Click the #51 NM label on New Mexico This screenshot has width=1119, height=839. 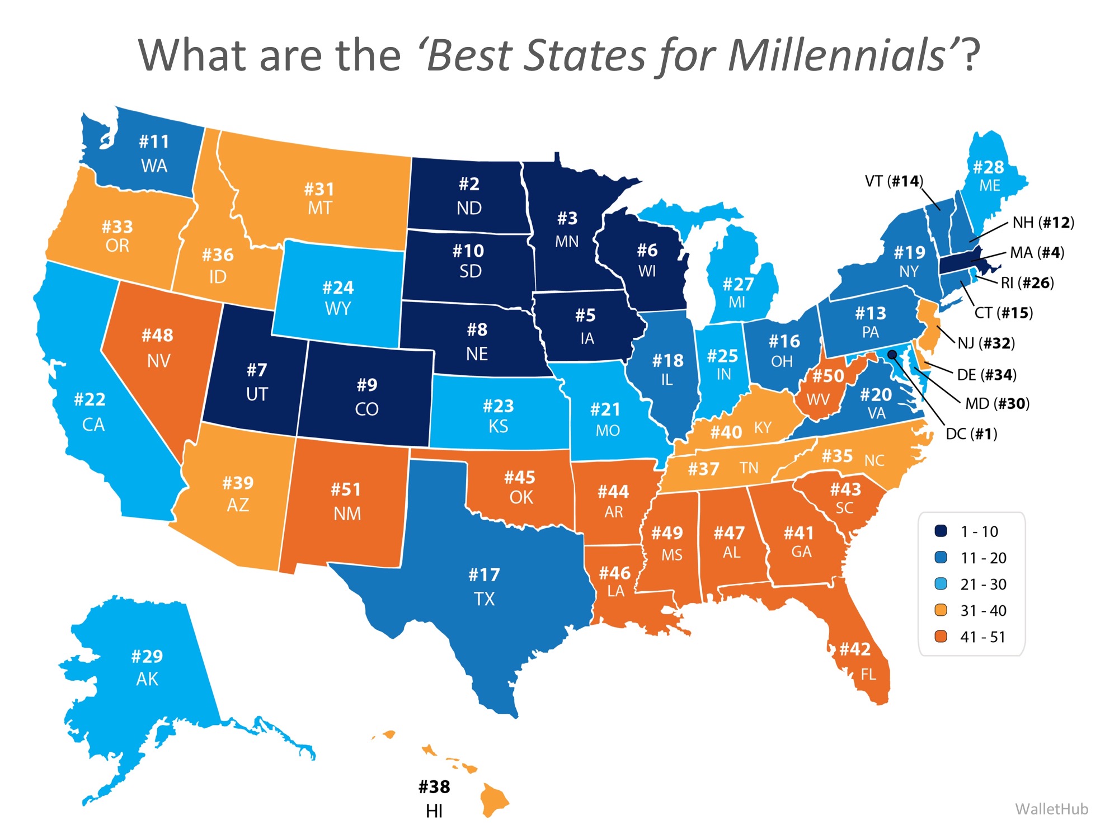(346, 501)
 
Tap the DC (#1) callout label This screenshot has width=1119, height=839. (971, 433)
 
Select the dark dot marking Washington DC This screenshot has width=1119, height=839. (892, 355)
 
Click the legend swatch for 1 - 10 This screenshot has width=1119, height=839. (941, 531)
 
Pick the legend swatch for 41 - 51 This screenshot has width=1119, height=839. (941, 636)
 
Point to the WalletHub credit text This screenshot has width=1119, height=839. (1051, 809)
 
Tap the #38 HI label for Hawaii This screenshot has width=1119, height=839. (434, 798)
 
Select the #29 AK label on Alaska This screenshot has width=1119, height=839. (147, 667)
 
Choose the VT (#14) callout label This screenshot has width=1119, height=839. (894, 181)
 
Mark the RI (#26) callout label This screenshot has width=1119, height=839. (1027, 282)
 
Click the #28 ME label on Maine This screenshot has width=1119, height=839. (989, 176)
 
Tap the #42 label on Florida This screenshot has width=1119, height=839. (855, 649)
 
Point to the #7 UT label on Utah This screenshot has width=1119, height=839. (257, 381)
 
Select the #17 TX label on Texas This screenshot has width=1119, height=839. (484, 586)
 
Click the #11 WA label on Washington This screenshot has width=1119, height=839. (154, 153)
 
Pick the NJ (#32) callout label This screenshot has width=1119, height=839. (986, 342)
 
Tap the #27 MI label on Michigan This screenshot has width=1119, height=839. (737, 293)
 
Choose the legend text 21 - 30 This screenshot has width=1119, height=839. (983, 584)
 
